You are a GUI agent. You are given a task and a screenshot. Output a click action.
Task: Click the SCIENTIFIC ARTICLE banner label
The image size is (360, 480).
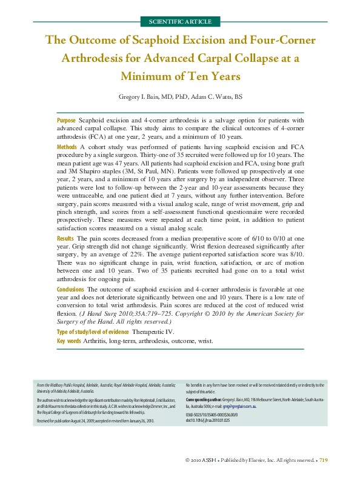click(180, 21)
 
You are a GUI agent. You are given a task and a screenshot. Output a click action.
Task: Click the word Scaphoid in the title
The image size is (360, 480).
click(161, 41)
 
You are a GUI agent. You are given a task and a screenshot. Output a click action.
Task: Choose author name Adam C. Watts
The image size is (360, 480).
click(219, 97)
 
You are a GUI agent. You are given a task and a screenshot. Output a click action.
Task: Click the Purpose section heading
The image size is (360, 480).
click(66, 121)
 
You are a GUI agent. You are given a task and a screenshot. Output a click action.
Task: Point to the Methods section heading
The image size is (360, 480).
click(67, 147)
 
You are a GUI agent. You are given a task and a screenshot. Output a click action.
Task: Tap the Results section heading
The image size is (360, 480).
click(65, 240)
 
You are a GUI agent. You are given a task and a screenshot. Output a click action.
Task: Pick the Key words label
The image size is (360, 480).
click(69, 342)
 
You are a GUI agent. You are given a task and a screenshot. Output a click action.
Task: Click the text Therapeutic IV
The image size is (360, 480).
click(153, 332)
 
